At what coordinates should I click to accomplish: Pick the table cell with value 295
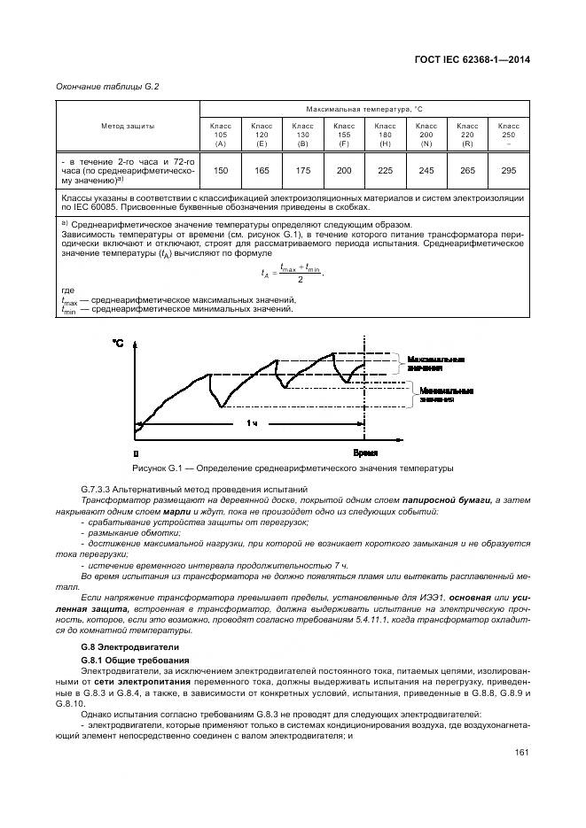(x=509, y=170)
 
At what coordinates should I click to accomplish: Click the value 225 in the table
(x=385, y=170)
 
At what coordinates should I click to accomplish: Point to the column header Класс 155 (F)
(x=344, y=135)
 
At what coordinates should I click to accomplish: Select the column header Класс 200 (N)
(x=426, y=135)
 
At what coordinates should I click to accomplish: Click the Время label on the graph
(x=365, y=452)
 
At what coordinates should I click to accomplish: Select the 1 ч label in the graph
(x=253, y=424)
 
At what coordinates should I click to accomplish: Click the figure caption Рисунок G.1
(x=293, y=467)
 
